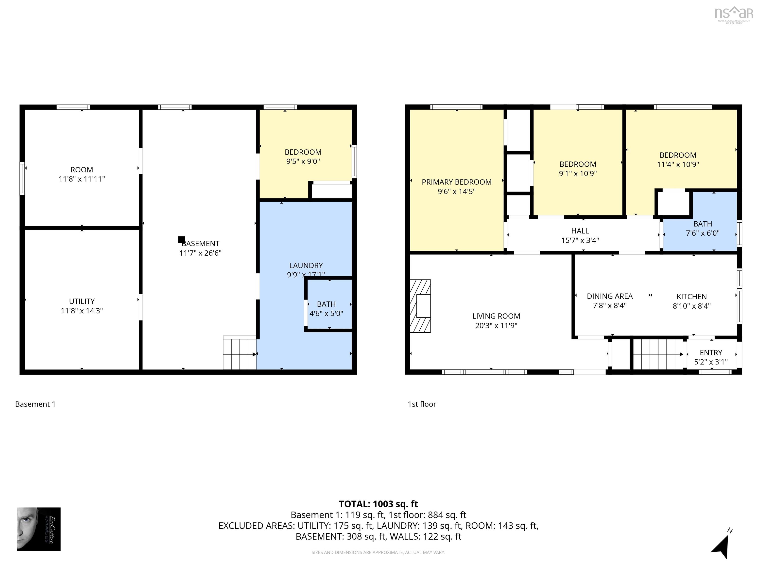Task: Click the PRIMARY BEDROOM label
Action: click(x=457, y=182)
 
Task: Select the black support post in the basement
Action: click(x=182, y=240)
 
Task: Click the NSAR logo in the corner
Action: click(x=734, y=14)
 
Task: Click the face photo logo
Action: click(x=39, y=529)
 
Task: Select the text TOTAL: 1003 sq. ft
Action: click(x=378, y=504)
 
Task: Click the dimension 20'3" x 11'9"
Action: click(x=496, y=326)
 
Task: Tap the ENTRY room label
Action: click(x=711, y=353)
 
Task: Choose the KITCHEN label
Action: click(x=691, y=297)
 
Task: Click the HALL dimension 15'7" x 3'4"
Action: click(x=580, y=240)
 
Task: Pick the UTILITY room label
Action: click(x=82, y=301)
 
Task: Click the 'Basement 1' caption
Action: click(x=35, y=404)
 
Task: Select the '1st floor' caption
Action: click(x=422, y=404)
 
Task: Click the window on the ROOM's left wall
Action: click(x=22, y=178)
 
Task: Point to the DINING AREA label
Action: click(x=609, y=296)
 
